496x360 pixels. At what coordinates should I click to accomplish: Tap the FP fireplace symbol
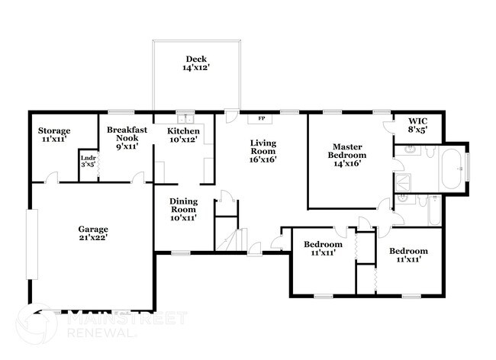tap(262, 119)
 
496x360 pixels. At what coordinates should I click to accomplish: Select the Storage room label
tap(54, 136)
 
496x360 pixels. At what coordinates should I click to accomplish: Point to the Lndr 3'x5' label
tap(89, 162)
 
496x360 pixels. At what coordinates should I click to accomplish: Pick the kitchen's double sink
tap(185, 119)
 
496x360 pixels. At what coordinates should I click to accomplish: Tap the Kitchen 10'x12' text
tap(184, 136)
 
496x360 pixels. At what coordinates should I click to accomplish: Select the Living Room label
tap(263, 151)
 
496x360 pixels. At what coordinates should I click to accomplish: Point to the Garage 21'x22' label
tap(93, 233)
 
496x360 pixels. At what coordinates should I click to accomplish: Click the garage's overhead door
tap(31, 245)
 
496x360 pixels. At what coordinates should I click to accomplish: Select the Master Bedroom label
tap(346, 154)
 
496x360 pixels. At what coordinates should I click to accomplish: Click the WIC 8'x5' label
tap(417, 125)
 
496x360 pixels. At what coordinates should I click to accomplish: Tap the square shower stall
tap(404, 182)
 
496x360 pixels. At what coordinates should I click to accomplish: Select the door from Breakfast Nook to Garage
tap(138, 179)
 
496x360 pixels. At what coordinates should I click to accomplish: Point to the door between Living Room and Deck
tap(230, 116)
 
